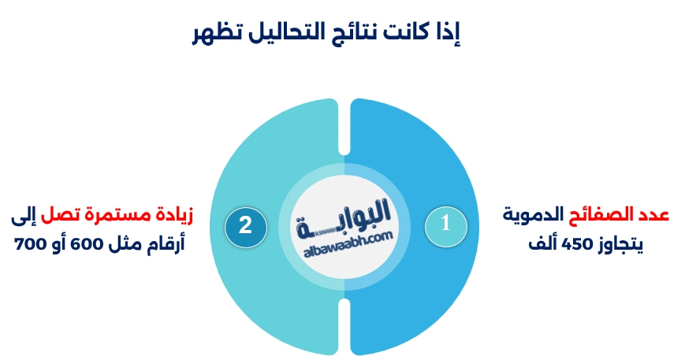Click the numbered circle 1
click(445, 224)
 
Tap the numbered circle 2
click(245, 225)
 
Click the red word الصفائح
click(604, 215)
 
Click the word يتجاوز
click(620, 244)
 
